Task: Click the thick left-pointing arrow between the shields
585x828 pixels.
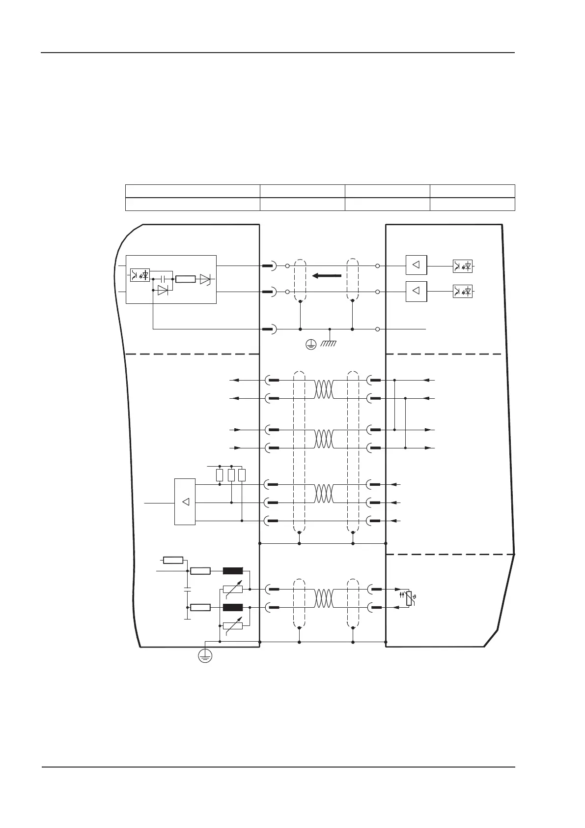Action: pos(327,275)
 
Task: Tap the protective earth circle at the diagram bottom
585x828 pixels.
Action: pos(205,656)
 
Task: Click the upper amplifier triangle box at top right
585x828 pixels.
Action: pos(417,266)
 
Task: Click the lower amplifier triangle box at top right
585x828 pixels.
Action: pos(417,292)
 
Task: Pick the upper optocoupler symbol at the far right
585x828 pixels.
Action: pos(463,266)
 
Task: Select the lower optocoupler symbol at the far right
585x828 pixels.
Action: pos(463,292)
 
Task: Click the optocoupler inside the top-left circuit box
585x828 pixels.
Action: pos(140,275)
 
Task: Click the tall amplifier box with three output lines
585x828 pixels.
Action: pos(185,502)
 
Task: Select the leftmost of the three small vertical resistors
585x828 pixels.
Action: pos(220,475)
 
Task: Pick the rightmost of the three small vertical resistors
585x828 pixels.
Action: pos(242,475)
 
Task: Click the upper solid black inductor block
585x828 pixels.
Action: pos(233,571)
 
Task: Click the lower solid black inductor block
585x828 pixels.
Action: pos(233,607)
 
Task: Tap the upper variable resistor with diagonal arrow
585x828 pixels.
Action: pos(233,589)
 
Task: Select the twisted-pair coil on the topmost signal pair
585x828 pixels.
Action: pos(324,389)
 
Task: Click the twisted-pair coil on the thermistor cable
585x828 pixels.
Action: pos(324,598)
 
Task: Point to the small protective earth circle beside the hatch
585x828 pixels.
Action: pos(310,345)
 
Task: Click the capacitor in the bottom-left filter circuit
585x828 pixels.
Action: pos(187,589)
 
